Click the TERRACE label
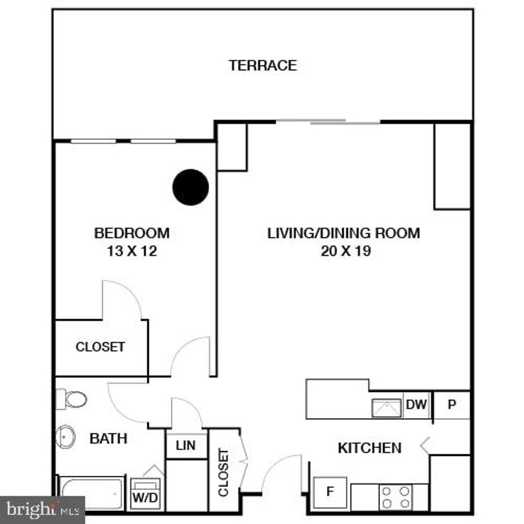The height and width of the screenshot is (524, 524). click(263, 65)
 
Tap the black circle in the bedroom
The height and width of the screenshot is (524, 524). click(191, 187)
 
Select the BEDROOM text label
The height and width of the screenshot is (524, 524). click(132, 233)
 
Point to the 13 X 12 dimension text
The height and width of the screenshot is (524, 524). click(132, 251)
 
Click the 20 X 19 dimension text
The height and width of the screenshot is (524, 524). click(346, 251)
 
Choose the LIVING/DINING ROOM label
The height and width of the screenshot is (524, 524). click(344, 233)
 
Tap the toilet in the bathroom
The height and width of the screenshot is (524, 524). click(73, 399)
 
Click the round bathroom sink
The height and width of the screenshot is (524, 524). click(65, 437)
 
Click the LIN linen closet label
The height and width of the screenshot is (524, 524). click(186, 446)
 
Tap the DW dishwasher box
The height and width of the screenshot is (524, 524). click(417, 406)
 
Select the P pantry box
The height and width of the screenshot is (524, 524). click(451, 406)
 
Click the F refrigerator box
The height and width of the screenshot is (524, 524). click(329, 492)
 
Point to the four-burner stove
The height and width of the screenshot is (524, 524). click(395, 497)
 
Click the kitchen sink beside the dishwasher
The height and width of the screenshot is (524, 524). click(387, 408)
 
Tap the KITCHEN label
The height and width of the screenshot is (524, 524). click(369, 448)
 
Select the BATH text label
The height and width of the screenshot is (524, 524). click(108, 439)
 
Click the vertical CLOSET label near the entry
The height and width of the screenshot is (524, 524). click(224, 472)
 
